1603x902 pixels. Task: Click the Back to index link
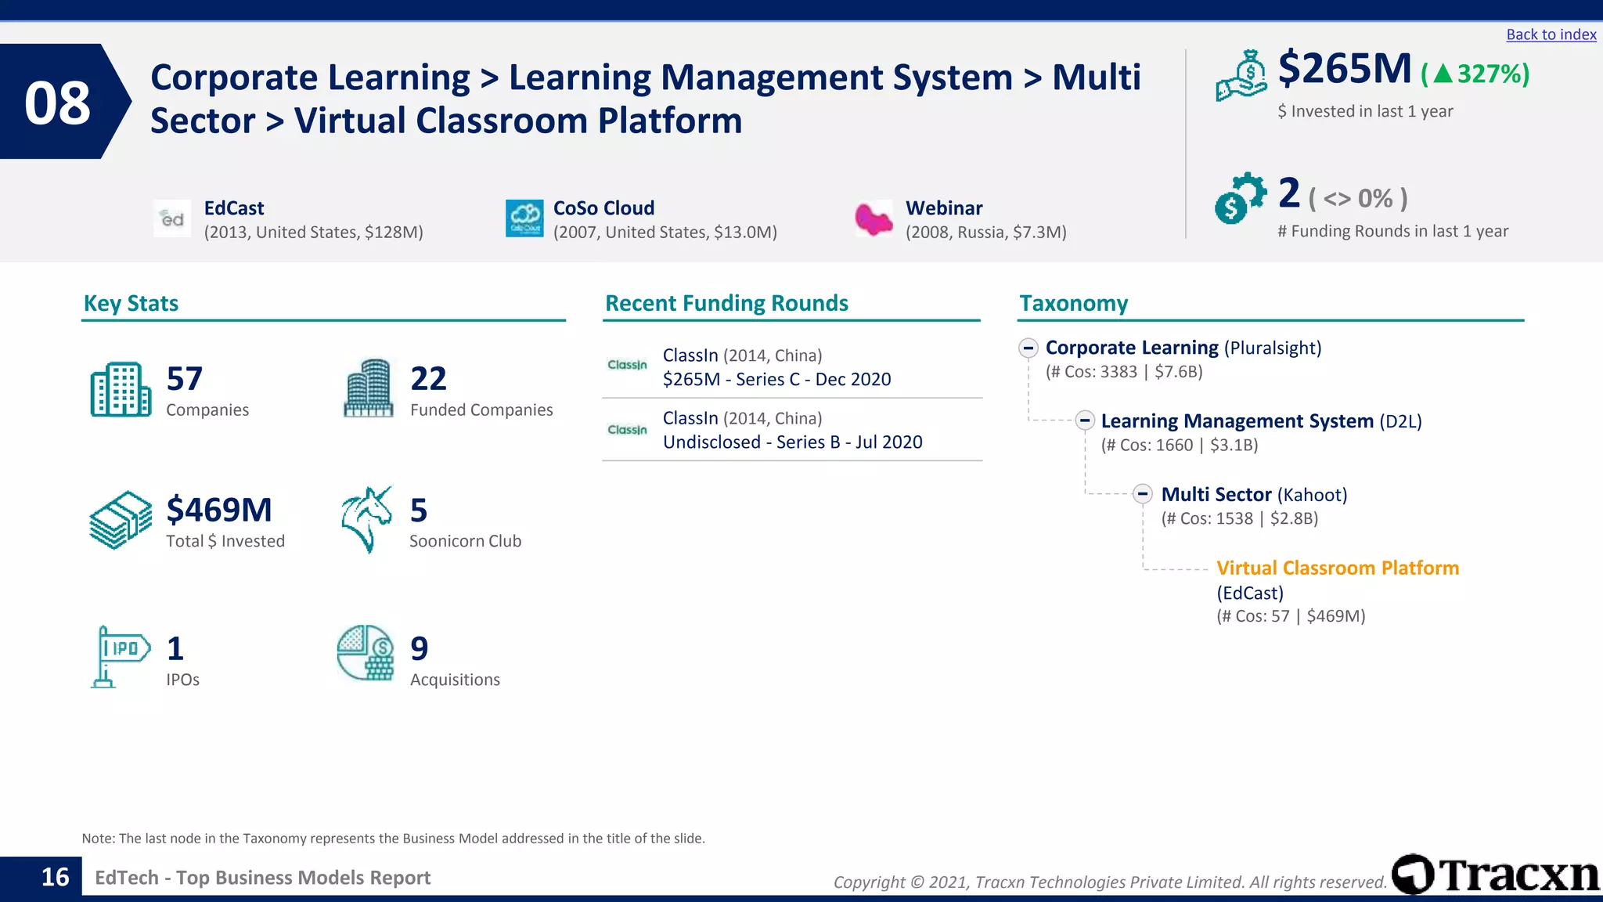1551,34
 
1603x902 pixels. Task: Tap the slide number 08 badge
58,103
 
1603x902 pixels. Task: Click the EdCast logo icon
172,219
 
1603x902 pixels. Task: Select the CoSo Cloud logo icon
524,218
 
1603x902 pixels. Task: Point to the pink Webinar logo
874,219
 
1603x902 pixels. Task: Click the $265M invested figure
1344,69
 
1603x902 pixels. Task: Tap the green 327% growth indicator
1476,74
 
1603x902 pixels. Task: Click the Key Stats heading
131,304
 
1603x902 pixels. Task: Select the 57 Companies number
185,379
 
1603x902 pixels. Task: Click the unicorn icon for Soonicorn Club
366,519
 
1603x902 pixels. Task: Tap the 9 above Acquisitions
420,649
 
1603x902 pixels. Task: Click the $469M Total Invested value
219,511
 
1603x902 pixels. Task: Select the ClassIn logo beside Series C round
627,366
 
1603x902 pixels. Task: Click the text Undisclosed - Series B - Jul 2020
792,442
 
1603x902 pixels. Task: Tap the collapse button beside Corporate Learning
1028,348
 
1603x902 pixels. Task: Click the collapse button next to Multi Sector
1143,494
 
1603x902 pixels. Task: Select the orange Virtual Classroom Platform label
1337,568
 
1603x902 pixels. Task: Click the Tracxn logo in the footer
1496,875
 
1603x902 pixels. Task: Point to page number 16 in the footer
55,878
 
